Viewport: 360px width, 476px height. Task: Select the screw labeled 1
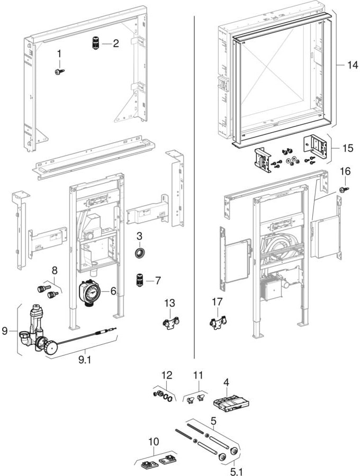[59, 70]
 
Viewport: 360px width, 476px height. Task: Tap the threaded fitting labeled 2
[96, 43]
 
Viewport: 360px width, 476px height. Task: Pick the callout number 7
[158, 279]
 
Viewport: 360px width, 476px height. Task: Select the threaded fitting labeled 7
[140, 279]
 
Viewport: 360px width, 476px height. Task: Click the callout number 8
[53, 270]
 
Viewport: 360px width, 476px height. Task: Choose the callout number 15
[347, 148]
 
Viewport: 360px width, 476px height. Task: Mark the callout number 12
[167, 376]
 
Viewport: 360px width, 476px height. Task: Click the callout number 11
[198, 376]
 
